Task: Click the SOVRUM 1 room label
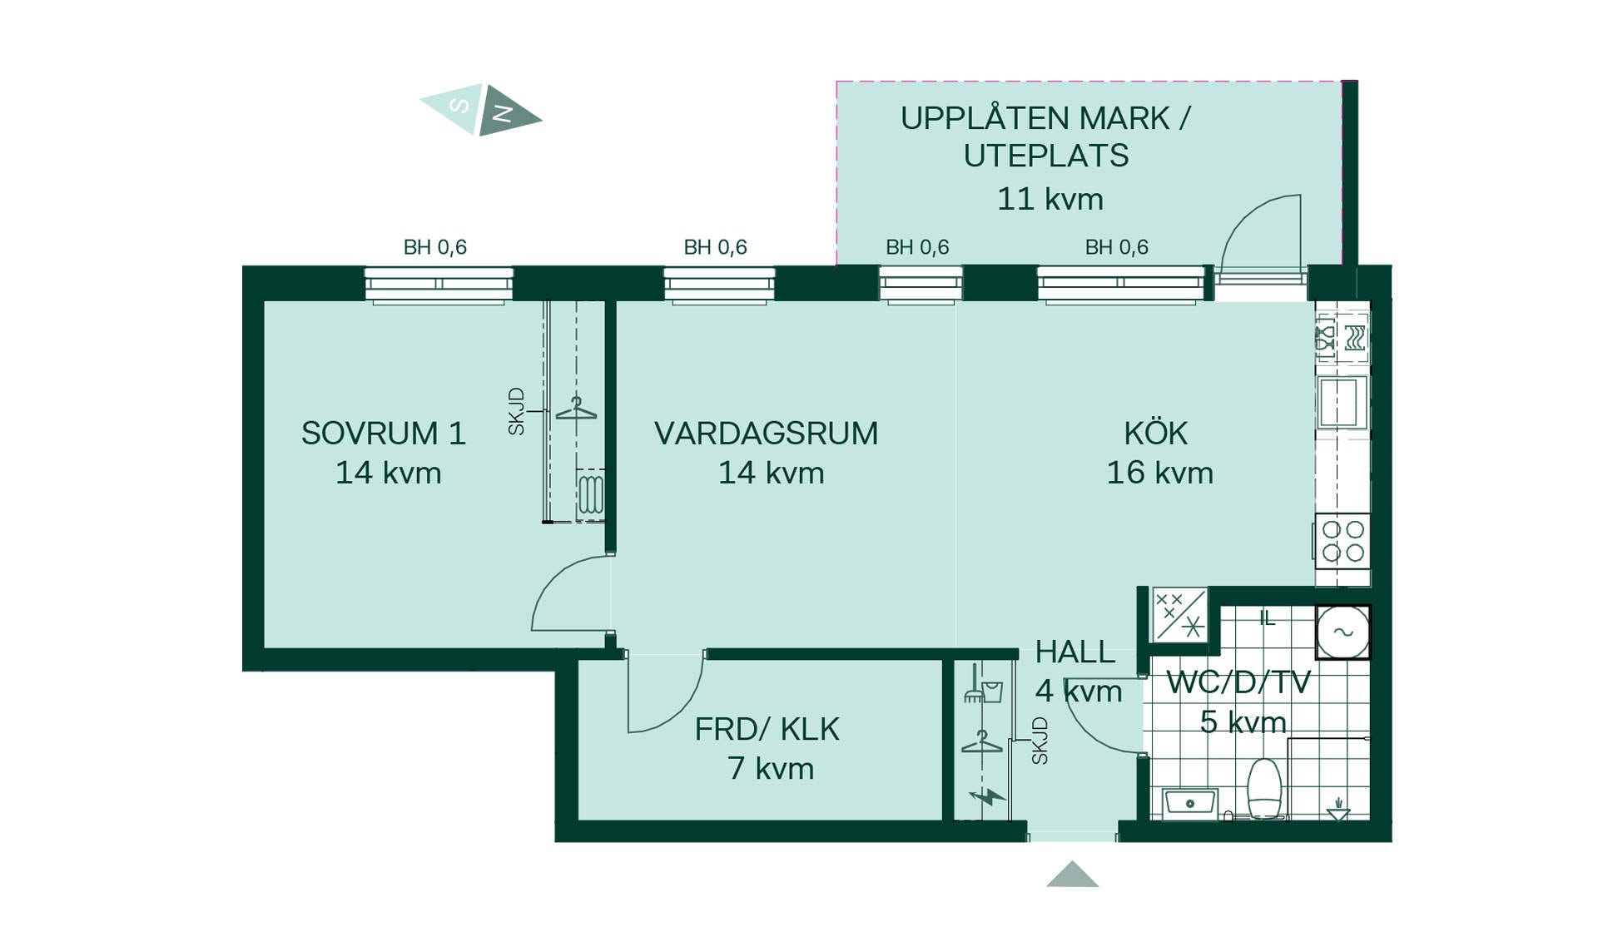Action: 383,434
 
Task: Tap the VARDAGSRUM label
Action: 766,434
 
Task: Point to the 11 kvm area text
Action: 1050,200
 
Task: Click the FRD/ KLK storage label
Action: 767,730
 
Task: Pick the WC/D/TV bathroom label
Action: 1238,682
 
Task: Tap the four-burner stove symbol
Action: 1342,541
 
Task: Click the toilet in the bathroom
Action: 1264,788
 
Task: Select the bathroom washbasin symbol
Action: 1189,803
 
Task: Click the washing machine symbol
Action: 1342,632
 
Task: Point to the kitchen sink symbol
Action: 1339,402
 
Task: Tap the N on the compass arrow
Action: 503,113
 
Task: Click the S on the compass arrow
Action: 459,105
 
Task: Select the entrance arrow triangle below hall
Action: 1072,875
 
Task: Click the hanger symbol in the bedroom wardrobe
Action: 576,409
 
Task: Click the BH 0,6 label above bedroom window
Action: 434,247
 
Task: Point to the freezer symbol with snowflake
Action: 1179,614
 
